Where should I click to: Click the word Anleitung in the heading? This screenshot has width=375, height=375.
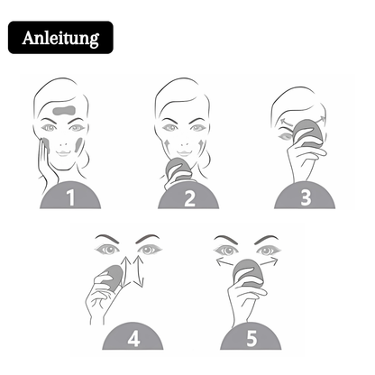[x=61, y=39]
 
